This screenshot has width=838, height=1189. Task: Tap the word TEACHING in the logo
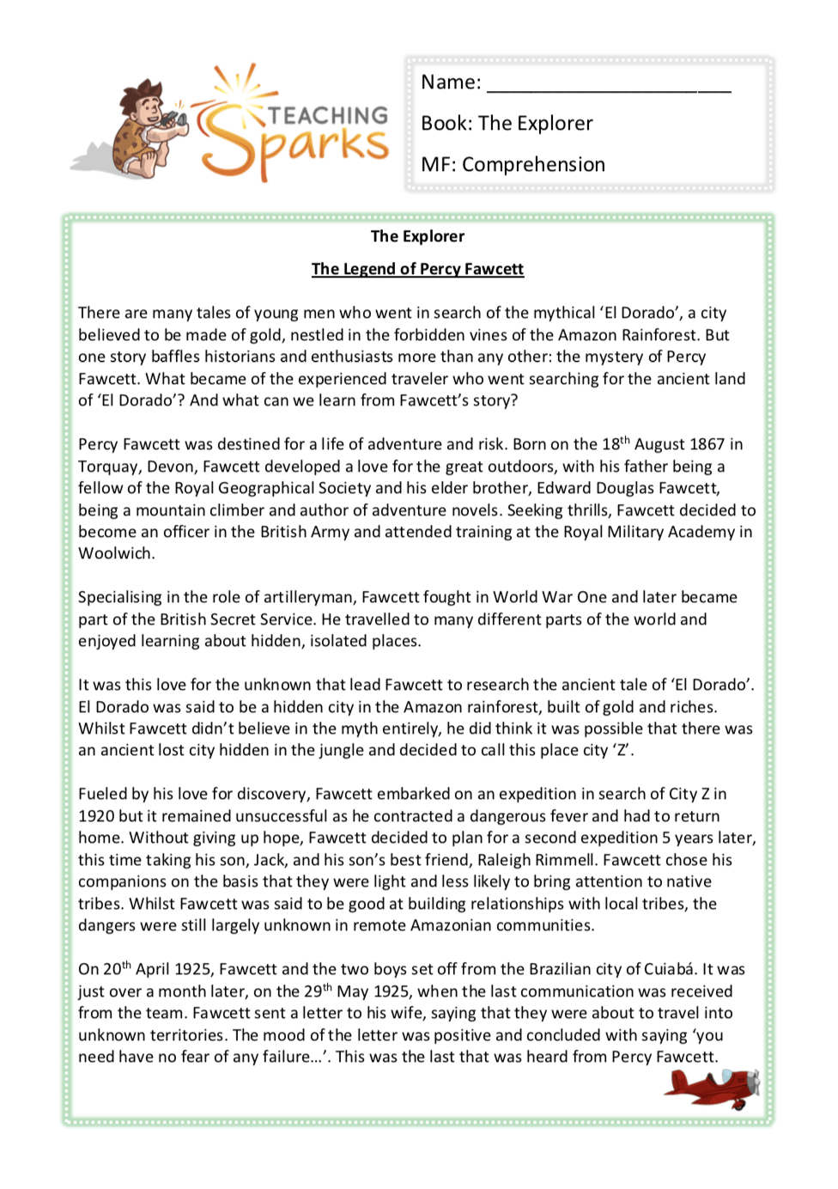[328, 116]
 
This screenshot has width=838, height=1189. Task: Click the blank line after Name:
[609, 84]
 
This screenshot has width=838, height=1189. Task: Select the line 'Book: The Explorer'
[507, 124]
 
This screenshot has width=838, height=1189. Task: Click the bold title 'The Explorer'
[417, 236]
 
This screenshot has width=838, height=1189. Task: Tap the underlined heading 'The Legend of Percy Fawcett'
[417, 269]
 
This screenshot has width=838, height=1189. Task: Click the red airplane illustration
[712, 1088]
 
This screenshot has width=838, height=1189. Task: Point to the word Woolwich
[116, 554]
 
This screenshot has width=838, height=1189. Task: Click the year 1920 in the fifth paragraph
[96, 816]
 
